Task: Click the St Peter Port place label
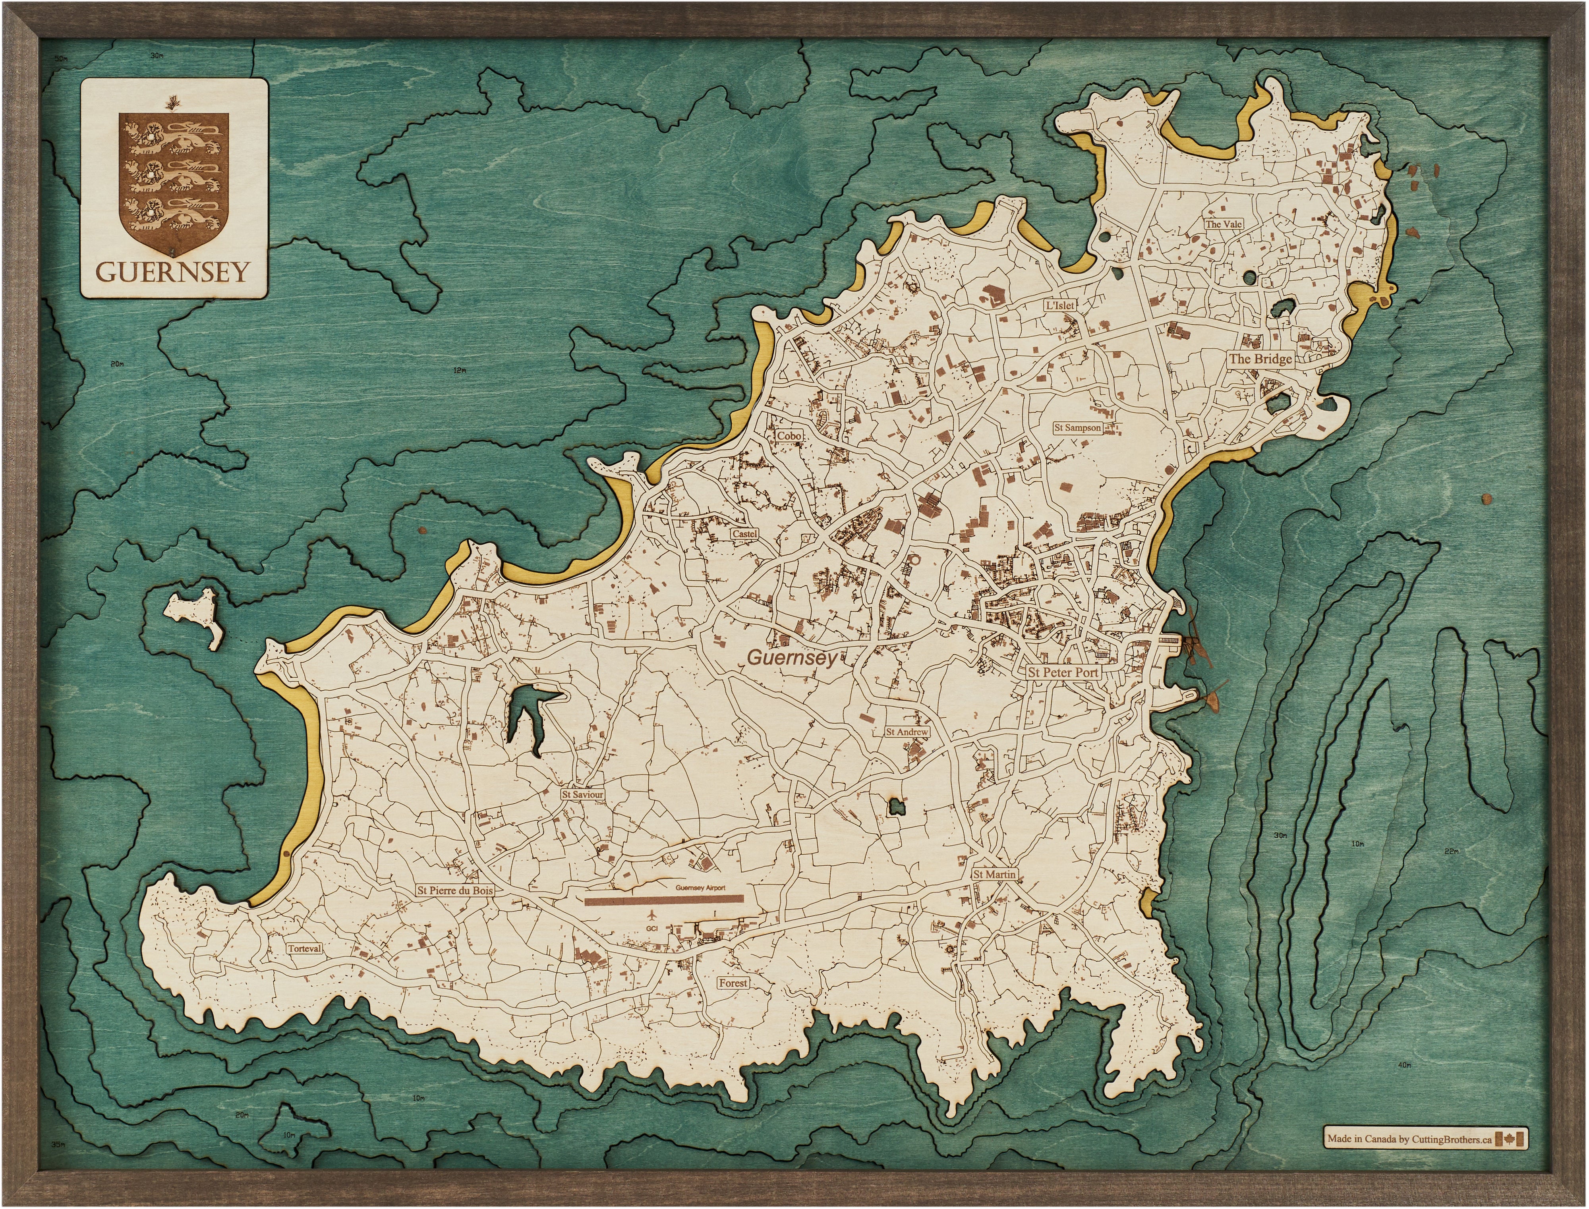pyautogui.click(x=1063, y=672)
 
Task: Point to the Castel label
pyautogui.click(x=744, y=534)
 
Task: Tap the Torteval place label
pyautogui.click(x=304, y=948)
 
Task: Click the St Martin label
pyautogui.click(x=995, y=874)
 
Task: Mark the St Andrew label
pyautogui.click(x=907, y=732)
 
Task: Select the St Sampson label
pyautogui.click(x=1077, y=427)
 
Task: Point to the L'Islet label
pyautogui.click(x=1059, y=305)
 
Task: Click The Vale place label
pyautogui.click(x=1224, y=224)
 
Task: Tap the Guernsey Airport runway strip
pyautogui.click(x=663, y=900)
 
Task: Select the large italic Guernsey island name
pyautogui.click(x=793, y=657)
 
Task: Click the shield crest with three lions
pyautogui.click(x=174, y=182)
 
